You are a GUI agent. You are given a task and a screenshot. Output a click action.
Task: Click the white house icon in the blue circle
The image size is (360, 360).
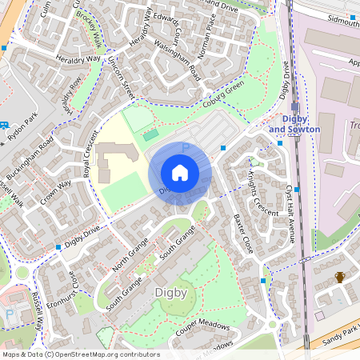tap(180, 172)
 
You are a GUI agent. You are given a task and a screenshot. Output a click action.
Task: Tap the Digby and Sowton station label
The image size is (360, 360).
tap(294, 124)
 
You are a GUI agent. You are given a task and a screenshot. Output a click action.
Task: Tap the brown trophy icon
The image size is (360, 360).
tap(340, 278)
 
